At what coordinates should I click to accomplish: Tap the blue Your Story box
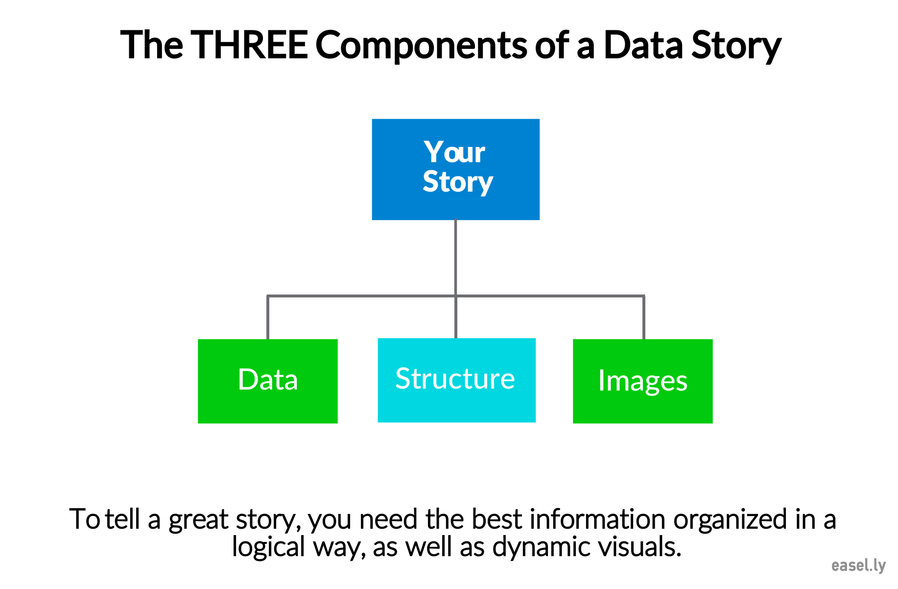point(456,169)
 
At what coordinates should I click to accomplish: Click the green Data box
point(268,381)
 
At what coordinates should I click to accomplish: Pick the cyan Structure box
point(457,380)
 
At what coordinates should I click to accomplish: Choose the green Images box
point(643,381)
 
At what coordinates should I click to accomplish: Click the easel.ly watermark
point(858,565)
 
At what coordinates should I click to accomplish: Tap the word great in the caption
point(198,520)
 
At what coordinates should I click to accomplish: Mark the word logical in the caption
point(268,548)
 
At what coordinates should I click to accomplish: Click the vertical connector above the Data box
point(268,318)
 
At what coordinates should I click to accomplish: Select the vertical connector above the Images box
point(643,318)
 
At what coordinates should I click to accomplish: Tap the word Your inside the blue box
point(455,152)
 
